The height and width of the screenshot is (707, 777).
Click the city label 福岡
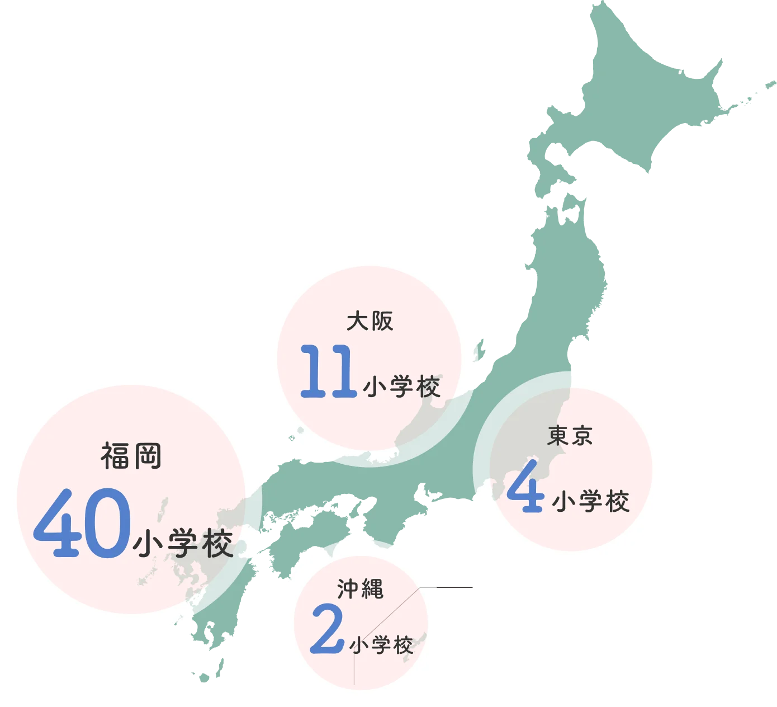[131, 456]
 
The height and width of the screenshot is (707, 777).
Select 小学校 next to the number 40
[183, 544]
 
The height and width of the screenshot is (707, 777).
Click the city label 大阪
[369, 321]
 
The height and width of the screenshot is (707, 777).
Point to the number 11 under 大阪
[328, 372]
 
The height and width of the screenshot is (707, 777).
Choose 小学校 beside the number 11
[401, 387]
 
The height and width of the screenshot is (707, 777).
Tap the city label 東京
[570, 436]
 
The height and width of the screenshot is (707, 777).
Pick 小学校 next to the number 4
[591, 501]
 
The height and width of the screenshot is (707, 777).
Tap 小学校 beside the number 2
[382, 645]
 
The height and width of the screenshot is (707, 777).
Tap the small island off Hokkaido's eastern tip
[770, 83]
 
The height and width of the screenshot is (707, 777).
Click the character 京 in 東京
[582, 436]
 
